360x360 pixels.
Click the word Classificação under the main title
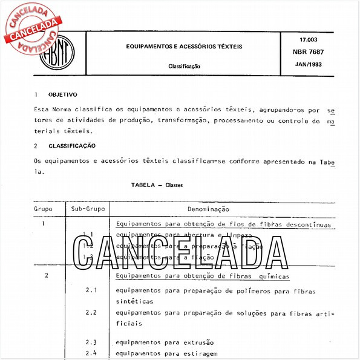pos(184,66)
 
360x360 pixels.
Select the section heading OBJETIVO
pos(62,95)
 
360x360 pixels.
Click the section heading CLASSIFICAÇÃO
pos(71,146)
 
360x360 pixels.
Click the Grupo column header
pos(42,209)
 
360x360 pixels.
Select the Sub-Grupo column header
pos(88,209)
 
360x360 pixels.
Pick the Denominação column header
pos(208,209)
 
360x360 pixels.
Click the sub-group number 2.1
pos(91,290)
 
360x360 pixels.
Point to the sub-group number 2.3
pos(91,342)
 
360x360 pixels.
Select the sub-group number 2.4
pos(91,353)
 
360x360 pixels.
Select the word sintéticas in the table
pos(134,301)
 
